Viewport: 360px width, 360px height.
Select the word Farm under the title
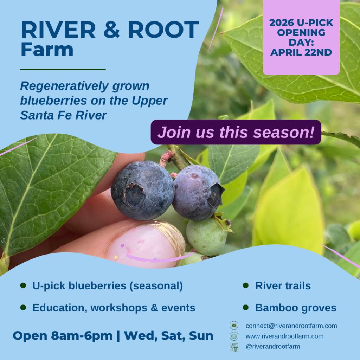point(47,50)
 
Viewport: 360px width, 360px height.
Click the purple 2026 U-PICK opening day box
point(301,37)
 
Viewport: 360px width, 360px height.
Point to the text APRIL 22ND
point(301,53)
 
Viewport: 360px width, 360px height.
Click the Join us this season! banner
point(236,132)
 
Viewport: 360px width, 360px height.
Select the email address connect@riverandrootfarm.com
point(291,326)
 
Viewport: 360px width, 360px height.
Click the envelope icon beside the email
point(234,326)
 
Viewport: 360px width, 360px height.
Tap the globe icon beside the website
point(234,336)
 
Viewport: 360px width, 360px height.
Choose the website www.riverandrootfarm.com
point(284,336)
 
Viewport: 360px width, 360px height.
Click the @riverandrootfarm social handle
point(273,347)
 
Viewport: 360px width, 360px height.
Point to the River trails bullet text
point(283,286)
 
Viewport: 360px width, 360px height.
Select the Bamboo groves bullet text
point(296,308)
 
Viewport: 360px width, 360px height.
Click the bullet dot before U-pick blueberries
point(23,285)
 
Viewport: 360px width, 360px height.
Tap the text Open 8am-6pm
point(63,335)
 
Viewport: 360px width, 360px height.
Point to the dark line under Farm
point(63,69)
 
